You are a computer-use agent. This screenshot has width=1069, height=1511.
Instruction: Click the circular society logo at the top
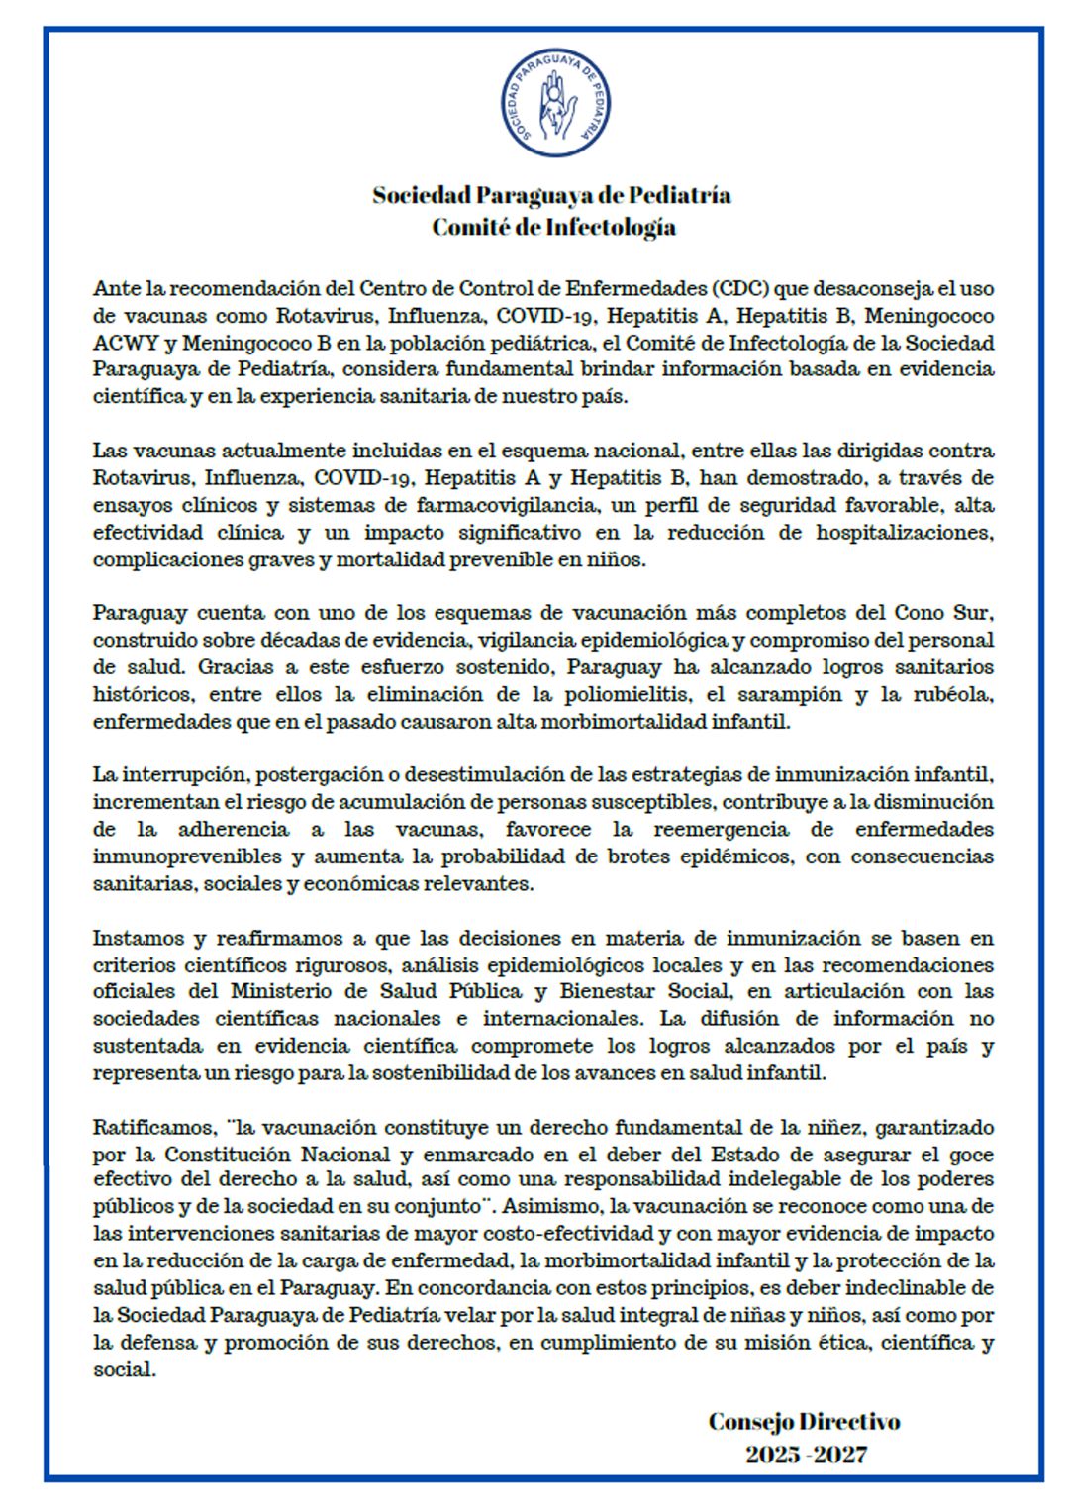pos(554,102)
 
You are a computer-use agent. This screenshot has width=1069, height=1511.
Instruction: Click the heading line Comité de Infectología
pos(553,227)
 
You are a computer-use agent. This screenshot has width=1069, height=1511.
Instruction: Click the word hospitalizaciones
pos(904,533)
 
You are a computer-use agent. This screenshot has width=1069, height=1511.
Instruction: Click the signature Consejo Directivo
pos(804,1422)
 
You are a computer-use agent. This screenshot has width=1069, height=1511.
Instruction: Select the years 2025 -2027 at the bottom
pos(806,1455)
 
